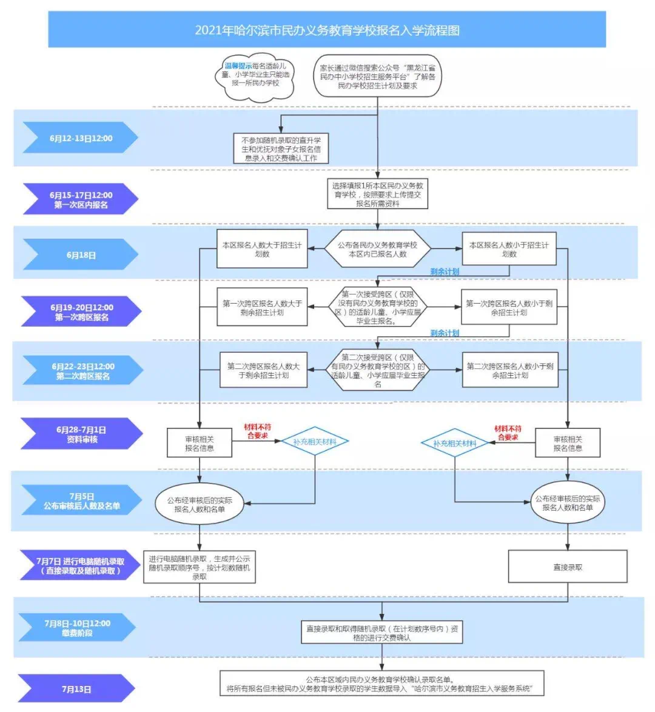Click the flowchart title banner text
coord(327,30)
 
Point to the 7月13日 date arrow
coord(76,689)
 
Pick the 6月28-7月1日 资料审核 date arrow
coord(81,434)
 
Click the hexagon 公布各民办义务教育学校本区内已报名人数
coord(377,250)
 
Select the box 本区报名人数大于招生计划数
coord(262,250)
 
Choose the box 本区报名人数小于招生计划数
coord(509,250)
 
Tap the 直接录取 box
coord(567,567)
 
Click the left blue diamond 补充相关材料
coord(315,442)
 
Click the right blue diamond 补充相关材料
coord(455,444)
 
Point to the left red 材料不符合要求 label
coord(257,431)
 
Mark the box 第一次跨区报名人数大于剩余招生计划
coord(262,308)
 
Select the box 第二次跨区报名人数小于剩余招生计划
coord(509,371)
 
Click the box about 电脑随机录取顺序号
coord(200,568)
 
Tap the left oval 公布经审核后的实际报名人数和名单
coord(200,505)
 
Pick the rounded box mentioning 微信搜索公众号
coord(377,77)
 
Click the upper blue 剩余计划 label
coord(445,272)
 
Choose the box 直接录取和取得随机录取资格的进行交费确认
coord(382,633)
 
